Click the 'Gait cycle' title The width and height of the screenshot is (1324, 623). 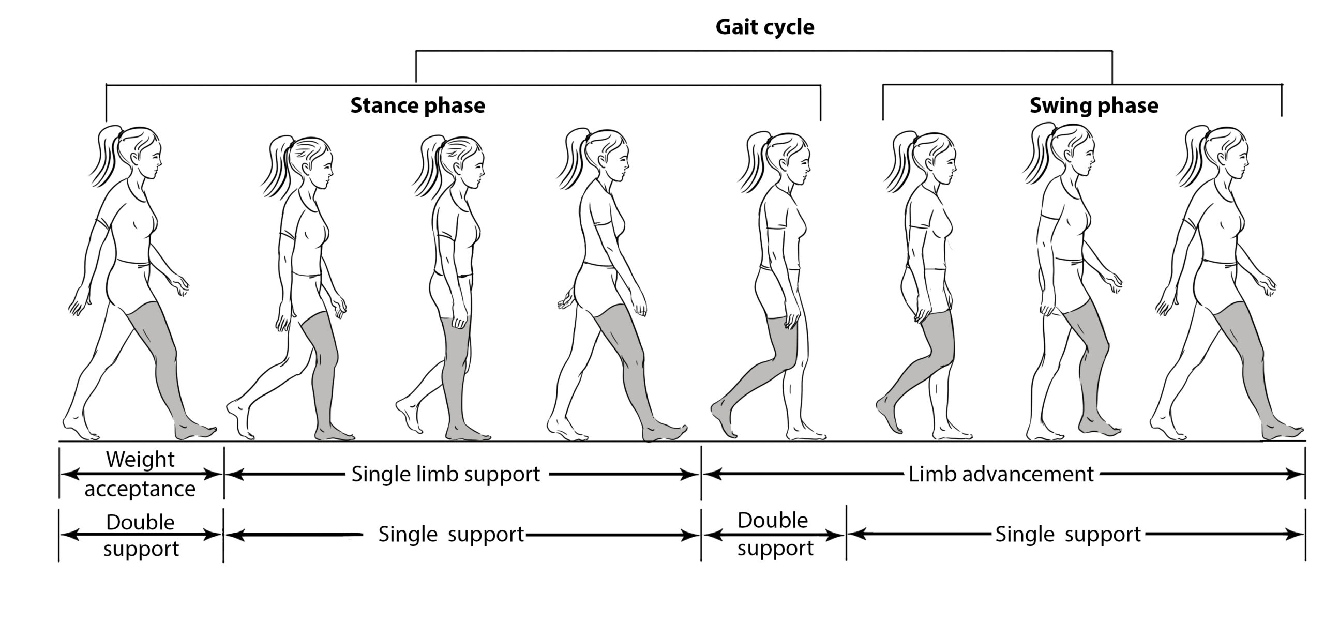point(764,27)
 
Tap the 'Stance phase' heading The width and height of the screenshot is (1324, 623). point(417,105)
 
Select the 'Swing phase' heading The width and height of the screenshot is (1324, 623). point(1093,105)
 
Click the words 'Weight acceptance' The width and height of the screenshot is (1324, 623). point(140,474)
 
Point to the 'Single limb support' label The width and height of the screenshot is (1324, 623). point(445,474)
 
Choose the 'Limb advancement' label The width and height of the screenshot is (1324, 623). point(1001,474)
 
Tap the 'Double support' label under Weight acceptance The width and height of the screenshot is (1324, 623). point(141,535)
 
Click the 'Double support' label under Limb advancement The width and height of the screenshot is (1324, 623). point(774,534)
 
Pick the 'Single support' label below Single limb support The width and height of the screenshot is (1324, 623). point(451,534)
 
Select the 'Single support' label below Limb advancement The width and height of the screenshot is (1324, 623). point(1067,534)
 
